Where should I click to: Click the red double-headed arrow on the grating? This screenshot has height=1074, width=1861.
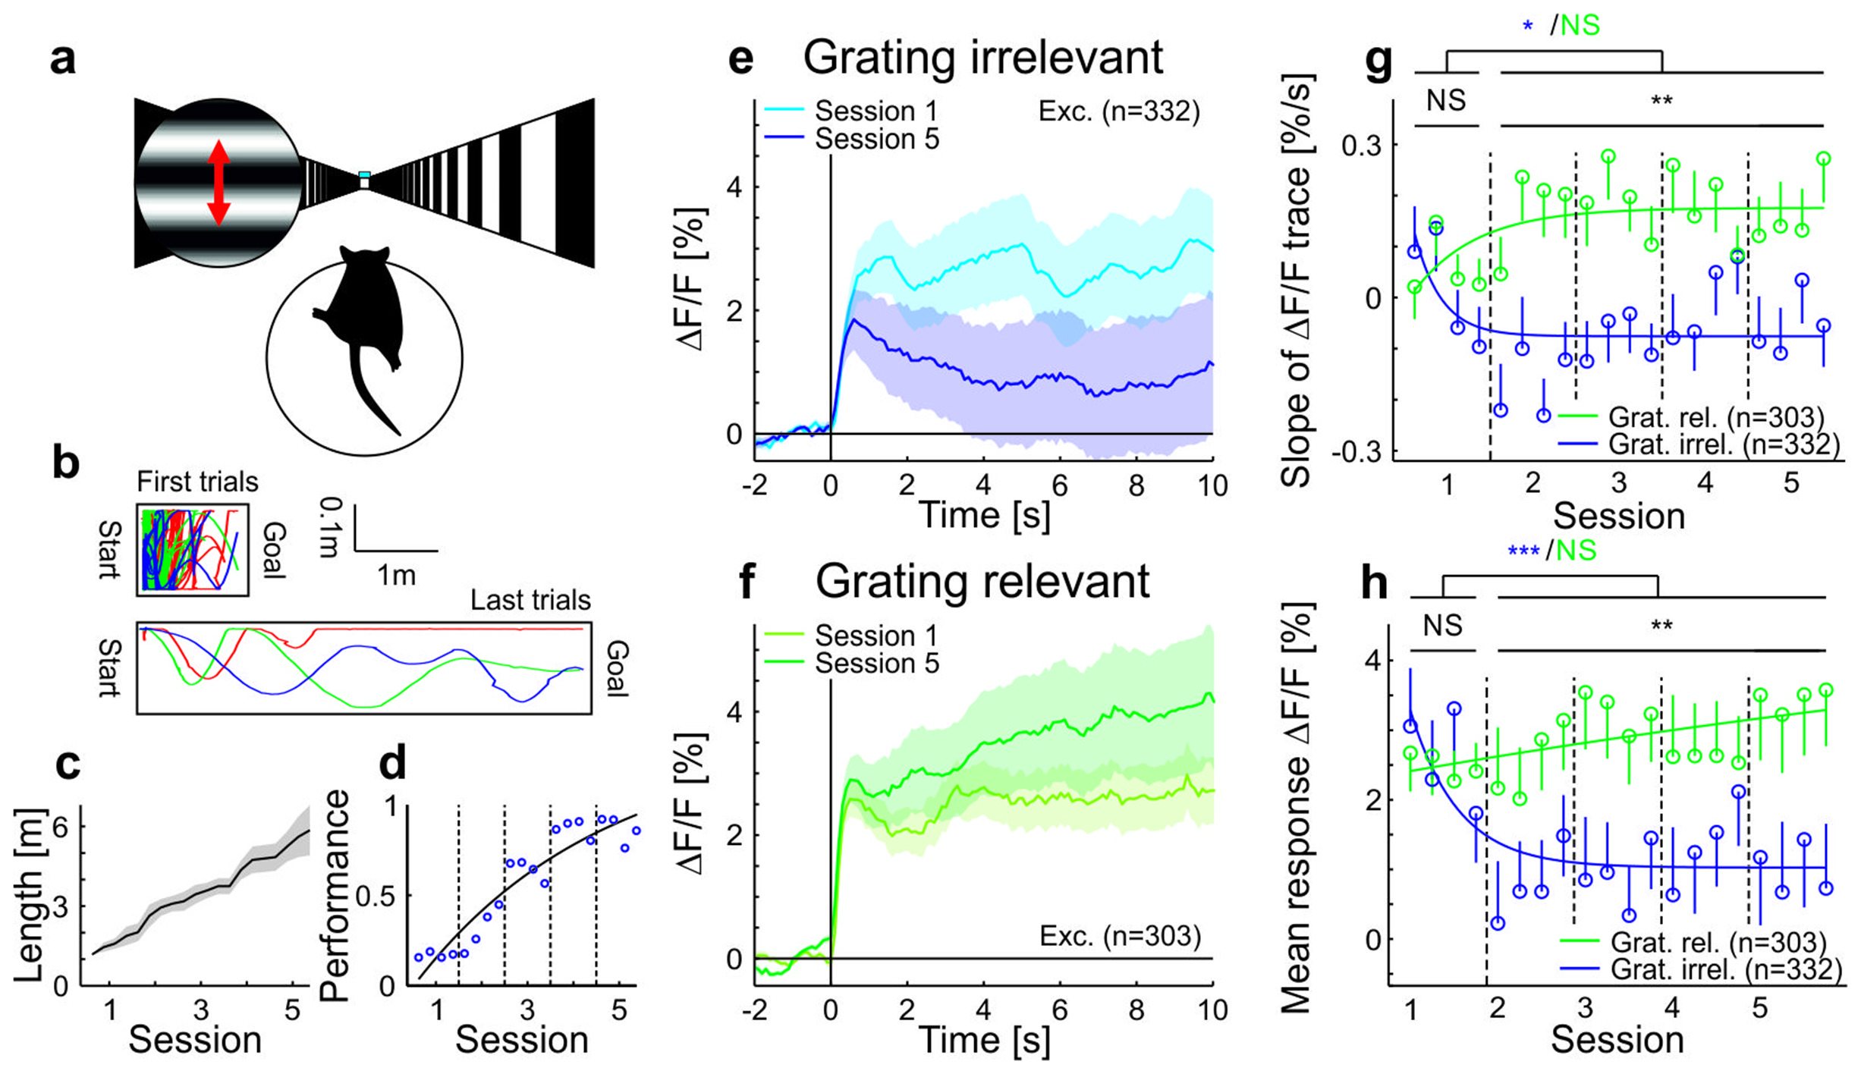218,183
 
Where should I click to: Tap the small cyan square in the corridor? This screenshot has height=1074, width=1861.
364,175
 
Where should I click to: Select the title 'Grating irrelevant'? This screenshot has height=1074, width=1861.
982,58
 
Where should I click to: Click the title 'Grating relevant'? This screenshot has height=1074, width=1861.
982,582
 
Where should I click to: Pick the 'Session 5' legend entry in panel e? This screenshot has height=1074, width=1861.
876,140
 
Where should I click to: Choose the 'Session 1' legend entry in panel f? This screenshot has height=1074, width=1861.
876,636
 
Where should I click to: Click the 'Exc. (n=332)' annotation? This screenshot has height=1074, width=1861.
1119,111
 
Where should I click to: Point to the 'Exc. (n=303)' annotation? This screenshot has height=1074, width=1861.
1120,936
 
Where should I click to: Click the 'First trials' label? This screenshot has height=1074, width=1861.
197,482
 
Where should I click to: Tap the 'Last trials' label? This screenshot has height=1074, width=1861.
530,600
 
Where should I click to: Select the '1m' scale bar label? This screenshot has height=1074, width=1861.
397,576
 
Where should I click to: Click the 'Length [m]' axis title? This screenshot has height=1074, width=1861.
29,896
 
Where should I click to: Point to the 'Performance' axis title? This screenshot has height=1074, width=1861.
334,896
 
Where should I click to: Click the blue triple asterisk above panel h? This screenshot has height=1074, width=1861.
1523,551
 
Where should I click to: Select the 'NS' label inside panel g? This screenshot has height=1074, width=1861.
1446,100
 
